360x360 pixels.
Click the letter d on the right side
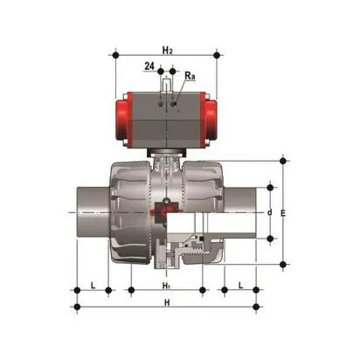coord(271,212)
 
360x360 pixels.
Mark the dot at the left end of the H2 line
coord(114,55)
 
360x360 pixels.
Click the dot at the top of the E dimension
coord(284,161)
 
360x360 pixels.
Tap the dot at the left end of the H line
coord(78,307)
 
